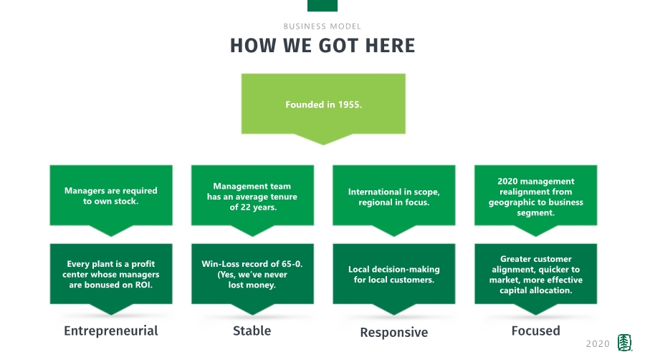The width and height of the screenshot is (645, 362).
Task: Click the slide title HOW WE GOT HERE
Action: pos(322,46)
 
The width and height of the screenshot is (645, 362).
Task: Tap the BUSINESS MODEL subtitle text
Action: pos(322,26)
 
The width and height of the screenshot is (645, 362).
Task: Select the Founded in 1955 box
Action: pos(323,104)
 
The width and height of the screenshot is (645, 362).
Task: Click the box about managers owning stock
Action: pos(111,195)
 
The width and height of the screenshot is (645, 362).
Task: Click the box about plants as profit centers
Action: pos(111,274)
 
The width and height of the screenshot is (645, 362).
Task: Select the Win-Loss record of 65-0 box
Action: pos(252,274)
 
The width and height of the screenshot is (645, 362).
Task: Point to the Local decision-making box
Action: pos(393,274)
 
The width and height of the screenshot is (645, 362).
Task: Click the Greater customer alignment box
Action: pos(535,274)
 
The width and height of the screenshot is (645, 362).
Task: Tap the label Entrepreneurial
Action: pos(111,331)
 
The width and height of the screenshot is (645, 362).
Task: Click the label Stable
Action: pos(252,331)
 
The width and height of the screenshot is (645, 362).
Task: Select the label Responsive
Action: pos(393,333)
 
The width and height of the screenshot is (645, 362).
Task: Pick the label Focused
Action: pos(535,331)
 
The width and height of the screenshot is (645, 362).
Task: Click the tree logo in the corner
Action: pos(625,343)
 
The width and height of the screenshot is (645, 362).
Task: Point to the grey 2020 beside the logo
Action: pos(598,344)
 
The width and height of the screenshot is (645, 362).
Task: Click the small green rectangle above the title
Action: pos(322,6)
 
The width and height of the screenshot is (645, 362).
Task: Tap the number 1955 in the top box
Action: pos(348,104)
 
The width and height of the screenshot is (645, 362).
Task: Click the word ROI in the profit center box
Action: pos(143,285)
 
